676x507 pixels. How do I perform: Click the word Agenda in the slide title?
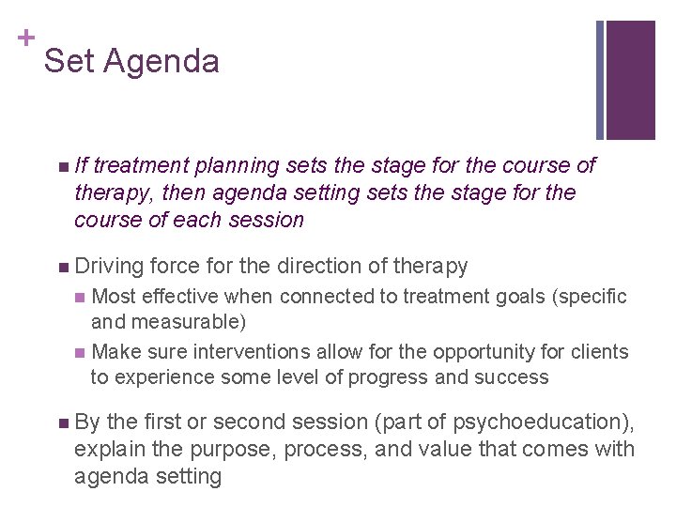[161, 62]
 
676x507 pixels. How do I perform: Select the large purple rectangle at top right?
[630, 80]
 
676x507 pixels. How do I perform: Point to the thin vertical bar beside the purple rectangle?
[600, 80]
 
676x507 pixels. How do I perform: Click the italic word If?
[82, 165]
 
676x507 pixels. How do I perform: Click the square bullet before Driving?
[62, 268]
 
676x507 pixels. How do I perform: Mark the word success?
[512, 376]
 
